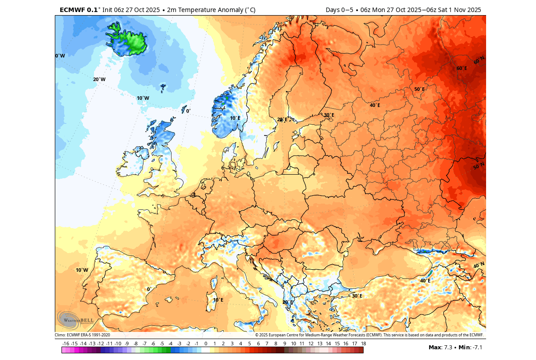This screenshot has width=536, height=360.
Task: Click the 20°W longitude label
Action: [99, 80]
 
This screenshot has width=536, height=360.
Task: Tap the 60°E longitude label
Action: [462, 69]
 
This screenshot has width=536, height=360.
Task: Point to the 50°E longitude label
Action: [419, 90]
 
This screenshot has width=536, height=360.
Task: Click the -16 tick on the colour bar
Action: [66, 344]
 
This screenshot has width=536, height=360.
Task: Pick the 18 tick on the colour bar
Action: [364, 344]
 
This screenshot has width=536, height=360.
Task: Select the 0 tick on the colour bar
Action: [206, 344]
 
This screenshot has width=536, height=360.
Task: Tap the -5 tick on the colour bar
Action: [162, 344]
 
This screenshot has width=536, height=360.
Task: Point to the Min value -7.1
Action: [477, 347]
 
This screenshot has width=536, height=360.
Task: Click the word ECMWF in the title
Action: [72, 10]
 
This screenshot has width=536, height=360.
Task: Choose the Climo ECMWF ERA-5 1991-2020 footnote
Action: [82, 335]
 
